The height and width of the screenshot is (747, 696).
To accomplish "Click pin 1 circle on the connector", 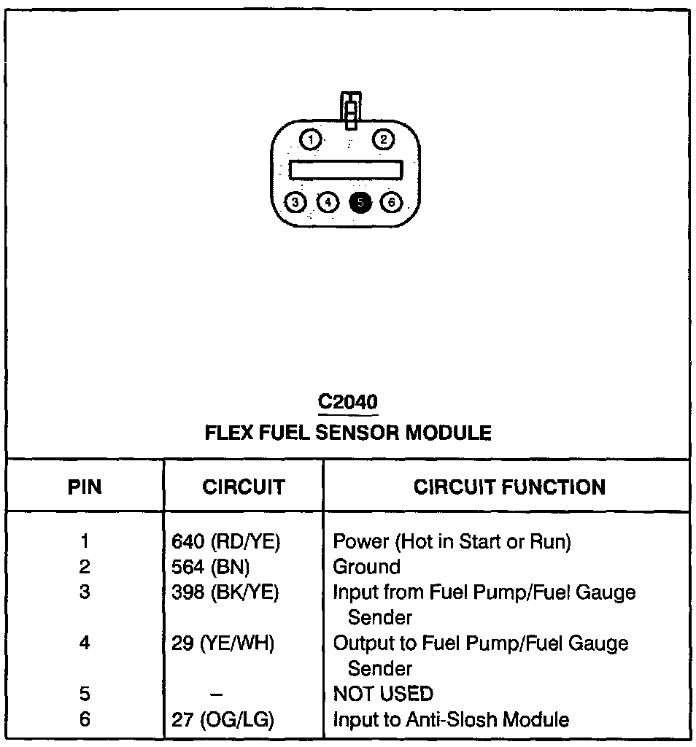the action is tap(311, 139).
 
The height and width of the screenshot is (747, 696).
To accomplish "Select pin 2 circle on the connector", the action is tap(384, 139).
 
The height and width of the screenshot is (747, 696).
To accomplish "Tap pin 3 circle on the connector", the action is tap(295, 202).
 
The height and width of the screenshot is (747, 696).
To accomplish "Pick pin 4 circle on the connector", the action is tap(328, 202).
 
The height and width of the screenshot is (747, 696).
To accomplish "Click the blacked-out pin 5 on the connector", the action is tap(360, 202).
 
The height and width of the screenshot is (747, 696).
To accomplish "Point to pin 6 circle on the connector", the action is tap(392, 202).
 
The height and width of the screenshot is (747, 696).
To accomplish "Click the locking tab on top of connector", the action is tap(352, 109).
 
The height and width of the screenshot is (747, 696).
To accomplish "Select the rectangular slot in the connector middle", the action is tap(346, 170).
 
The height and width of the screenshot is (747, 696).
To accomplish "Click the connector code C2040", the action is tap(348, 402).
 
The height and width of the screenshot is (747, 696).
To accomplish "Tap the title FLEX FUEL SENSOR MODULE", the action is tap(348, 433).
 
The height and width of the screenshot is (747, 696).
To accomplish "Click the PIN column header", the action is tap(85, 487).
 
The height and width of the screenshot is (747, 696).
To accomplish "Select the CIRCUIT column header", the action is tap(244, 487).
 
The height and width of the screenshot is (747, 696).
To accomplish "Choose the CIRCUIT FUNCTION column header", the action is tap(509, 487).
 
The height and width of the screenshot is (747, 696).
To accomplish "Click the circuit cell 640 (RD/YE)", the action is tap(225, 541).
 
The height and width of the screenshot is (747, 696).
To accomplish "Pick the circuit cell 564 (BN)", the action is tap(210, 567).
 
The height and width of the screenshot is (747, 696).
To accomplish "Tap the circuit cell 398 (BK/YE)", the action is tap(225, 592).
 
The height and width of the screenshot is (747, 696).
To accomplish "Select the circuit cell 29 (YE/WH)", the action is tap(222, 643).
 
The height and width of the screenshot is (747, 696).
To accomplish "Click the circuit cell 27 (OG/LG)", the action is tap(222, 720).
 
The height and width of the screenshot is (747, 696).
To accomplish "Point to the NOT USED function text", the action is tap(382, 694).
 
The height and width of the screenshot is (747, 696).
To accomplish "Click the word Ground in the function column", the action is tap(366, 567).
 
